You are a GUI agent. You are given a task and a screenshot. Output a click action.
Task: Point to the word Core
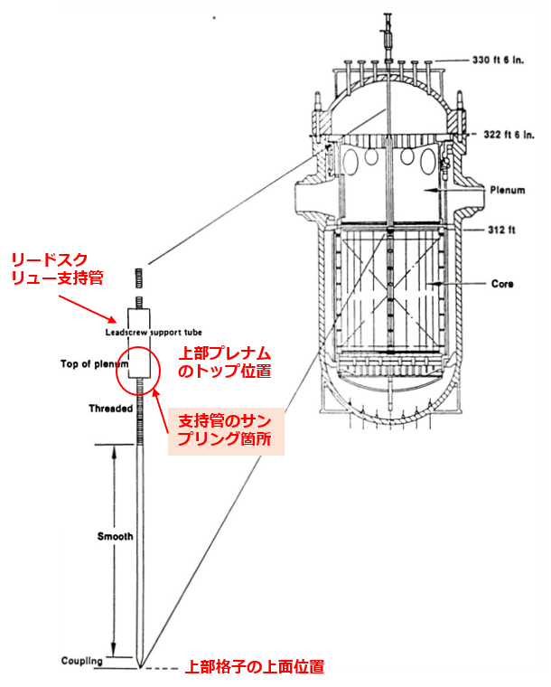(503, 284)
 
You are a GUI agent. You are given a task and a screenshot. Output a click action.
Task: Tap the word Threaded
(111, 408)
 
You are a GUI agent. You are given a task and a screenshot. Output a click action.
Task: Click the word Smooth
(115, 536)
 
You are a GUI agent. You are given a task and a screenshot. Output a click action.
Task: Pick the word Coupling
(82, 661)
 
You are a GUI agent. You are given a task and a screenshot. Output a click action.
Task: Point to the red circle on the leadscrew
(139, 365)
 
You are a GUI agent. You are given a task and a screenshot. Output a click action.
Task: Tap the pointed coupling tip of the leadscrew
(139, 667)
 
